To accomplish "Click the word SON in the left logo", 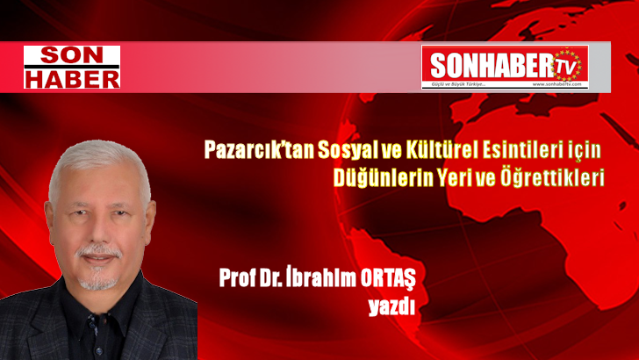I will click(x=71, y=55).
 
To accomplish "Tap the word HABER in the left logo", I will click(x=71, y=77).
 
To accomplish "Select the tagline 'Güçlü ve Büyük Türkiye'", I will click(x=457, y=84).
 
